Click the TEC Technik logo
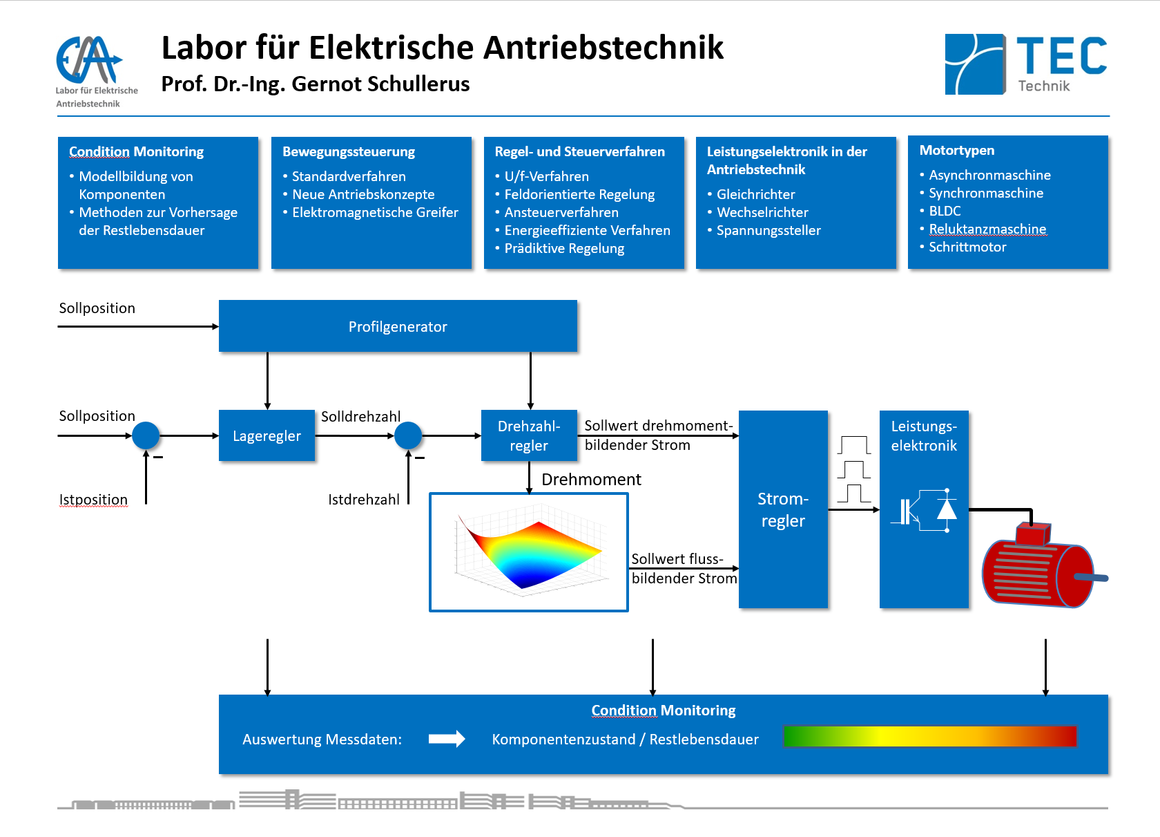[x=1025, y=64]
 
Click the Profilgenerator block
[x=398, y=326]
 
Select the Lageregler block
[x=267, y=436]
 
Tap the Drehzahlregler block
[x=529, y=436]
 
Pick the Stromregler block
[x=783, y=509]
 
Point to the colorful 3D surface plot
[x=529, y=552]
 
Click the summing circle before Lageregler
[x=146, y=435]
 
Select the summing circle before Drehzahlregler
[x=408, y=435]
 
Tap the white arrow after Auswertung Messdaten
[x=447, y=739]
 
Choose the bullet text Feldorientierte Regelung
[x=579, y=194]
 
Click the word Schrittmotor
[x=967, y=247]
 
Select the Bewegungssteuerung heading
[x=349, y=151]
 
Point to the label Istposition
[x=93, y=500]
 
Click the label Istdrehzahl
[x=363, y=500]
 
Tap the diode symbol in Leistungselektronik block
[x=947, y=509]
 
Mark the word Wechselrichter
[x=762, y=212]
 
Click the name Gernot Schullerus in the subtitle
[x=380, y=84]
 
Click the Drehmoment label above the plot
[x=591, y=480]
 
